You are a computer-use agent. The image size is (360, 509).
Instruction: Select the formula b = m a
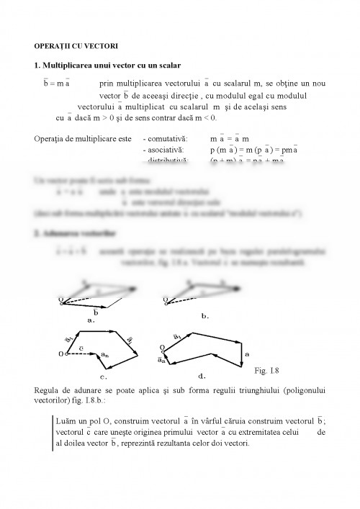pyautogui.click(x=56, y=84)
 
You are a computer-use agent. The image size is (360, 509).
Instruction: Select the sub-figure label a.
pyautogui.click(x=91, y=320)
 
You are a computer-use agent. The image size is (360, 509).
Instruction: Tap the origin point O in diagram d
pyautogui.click(x=162, y=348)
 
